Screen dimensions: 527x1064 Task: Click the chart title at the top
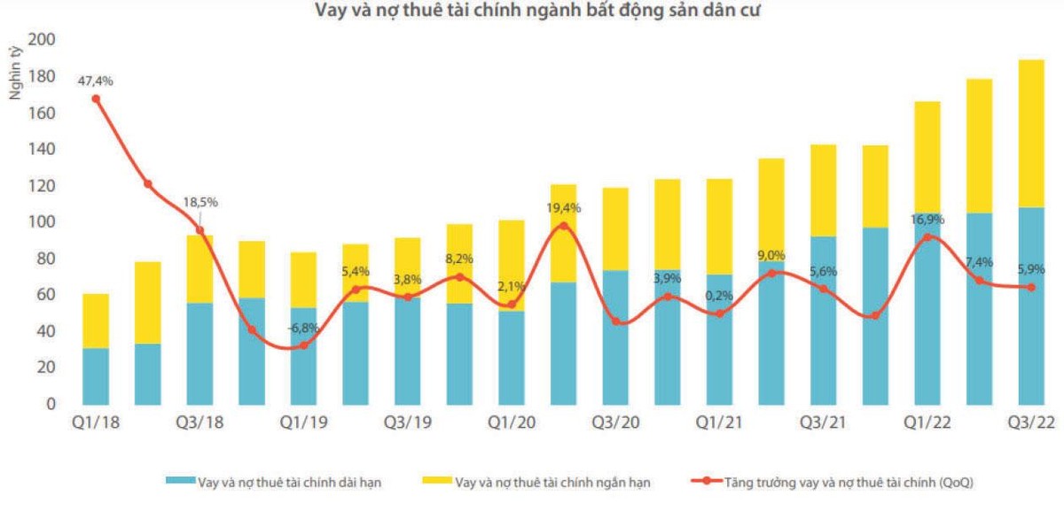536,12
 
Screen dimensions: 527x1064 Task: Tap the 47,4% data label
96,81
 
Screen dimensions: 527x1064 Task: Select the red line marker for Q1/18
96,98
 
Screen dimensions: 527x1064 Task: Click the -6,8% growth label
303,329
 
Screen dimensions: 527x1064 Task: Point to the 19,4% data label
563,208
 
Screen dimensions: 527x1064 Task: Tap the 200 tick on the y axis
42,40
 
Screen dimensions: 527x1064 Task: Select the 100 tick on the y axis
42,221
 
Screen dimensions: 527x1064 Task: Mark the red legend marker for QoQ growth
705,482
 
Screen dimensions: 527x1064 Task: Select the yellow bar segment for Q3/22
1031,133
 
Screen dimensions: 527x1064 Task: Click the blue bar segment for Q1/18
96,376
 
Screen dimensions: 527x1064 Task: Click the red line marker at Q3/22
1031,287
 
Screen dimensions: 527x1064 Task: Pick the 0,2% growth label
719,296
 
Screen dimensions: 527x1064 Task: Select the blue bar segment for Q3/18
199,353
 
